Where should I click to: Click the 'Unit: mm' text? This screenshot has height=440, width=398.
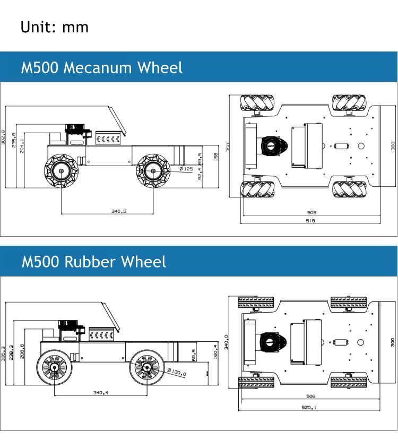point(54,27)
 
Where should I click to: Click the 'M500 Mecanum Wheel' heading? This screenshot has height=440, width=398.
point(101,67)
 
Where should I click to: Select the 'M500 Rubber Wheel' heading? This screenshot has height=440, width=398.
point(93,262)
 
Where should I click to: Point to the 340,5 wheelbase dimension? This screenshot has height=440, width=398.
point(118,211)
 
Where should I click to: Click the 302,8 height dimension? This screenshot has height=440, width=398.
point(3,137)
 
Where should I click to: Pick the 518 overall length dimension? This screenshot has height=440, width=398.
point(310,221)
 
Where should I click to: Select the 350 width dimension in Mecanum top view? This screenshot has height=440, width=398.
point(227,146)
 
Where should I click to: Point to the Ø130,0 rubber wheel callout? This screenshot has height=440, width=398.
point(177,373)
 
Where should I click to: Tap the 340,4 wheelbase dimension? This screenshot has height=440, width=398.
point(100,393)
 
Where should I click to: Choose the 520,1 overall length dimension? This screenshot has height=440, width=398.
point(310,408)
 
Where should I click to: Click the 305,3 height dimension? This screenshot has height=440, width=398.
point(4,352)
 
